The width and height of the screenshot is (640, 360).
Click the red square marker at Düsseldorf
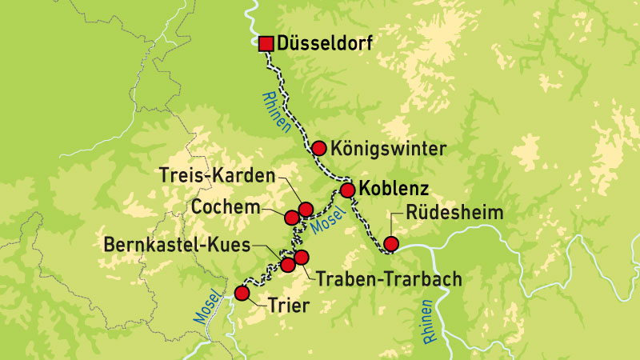(266, 44)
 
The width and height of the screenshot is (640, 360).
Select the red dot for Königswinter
(319, 148)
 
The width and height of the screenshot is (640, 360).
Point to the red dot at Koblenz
(348, 190)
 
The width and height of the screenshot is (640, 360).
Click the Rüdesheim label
(454, 213)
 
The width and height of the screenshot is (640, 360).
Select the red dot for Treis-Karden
(305, 210)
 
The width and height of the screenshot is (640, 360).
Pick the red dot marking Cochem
(292, 217)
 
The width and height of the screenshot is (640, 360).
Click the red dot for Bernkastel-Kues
(287, 264)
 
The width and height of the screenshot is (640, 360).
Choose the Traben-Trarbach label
(390, 280)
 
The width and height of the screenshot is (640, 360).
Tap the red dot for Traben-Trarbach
(302, 257)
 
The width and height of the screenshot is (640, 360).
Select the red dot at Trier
(242, 294)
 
